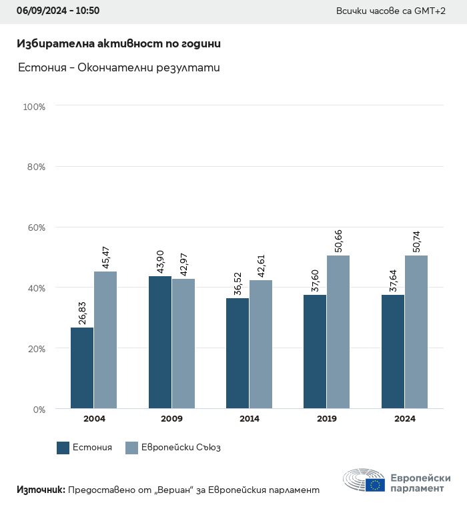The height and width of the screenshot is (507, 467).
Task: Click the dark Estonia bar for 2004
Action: tap(82, 368)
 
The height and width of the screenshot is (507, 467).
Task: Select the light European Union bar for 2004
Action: tap(105, 340)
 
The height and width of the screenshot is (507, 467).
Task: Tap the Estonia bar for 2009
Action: tap(160, 342)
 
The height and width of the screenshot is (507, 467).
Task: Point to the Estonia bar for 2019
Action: tap(315, 351)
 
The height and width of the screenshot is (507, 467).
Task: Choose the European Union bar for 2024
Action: tap(416, 332)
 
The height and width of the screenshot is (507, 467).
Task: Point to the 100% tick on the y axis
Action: tap(34, 107)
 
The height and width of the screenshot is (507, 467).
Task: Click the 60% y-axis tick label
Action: tap(35, 227)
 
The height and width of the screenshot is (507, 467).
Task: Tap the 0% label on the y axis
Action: tap(39, 409)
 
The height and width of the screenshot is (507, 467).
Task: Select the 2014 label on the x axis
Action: tap(250, 419)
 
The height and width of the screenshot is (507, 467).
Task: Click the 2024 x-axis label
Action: tap(405, 419)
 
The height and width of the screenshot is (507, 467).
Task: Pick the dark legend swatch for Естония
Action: tap(63, 448)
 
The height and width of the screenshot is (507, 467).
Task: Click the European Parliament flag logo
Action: tap(374, 485)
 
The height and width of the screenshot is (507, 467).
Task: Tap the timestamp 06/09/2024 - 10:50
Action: tap(58, 11)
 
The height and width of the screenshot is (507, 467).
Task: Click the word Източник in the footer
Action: tap(41, 490)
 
